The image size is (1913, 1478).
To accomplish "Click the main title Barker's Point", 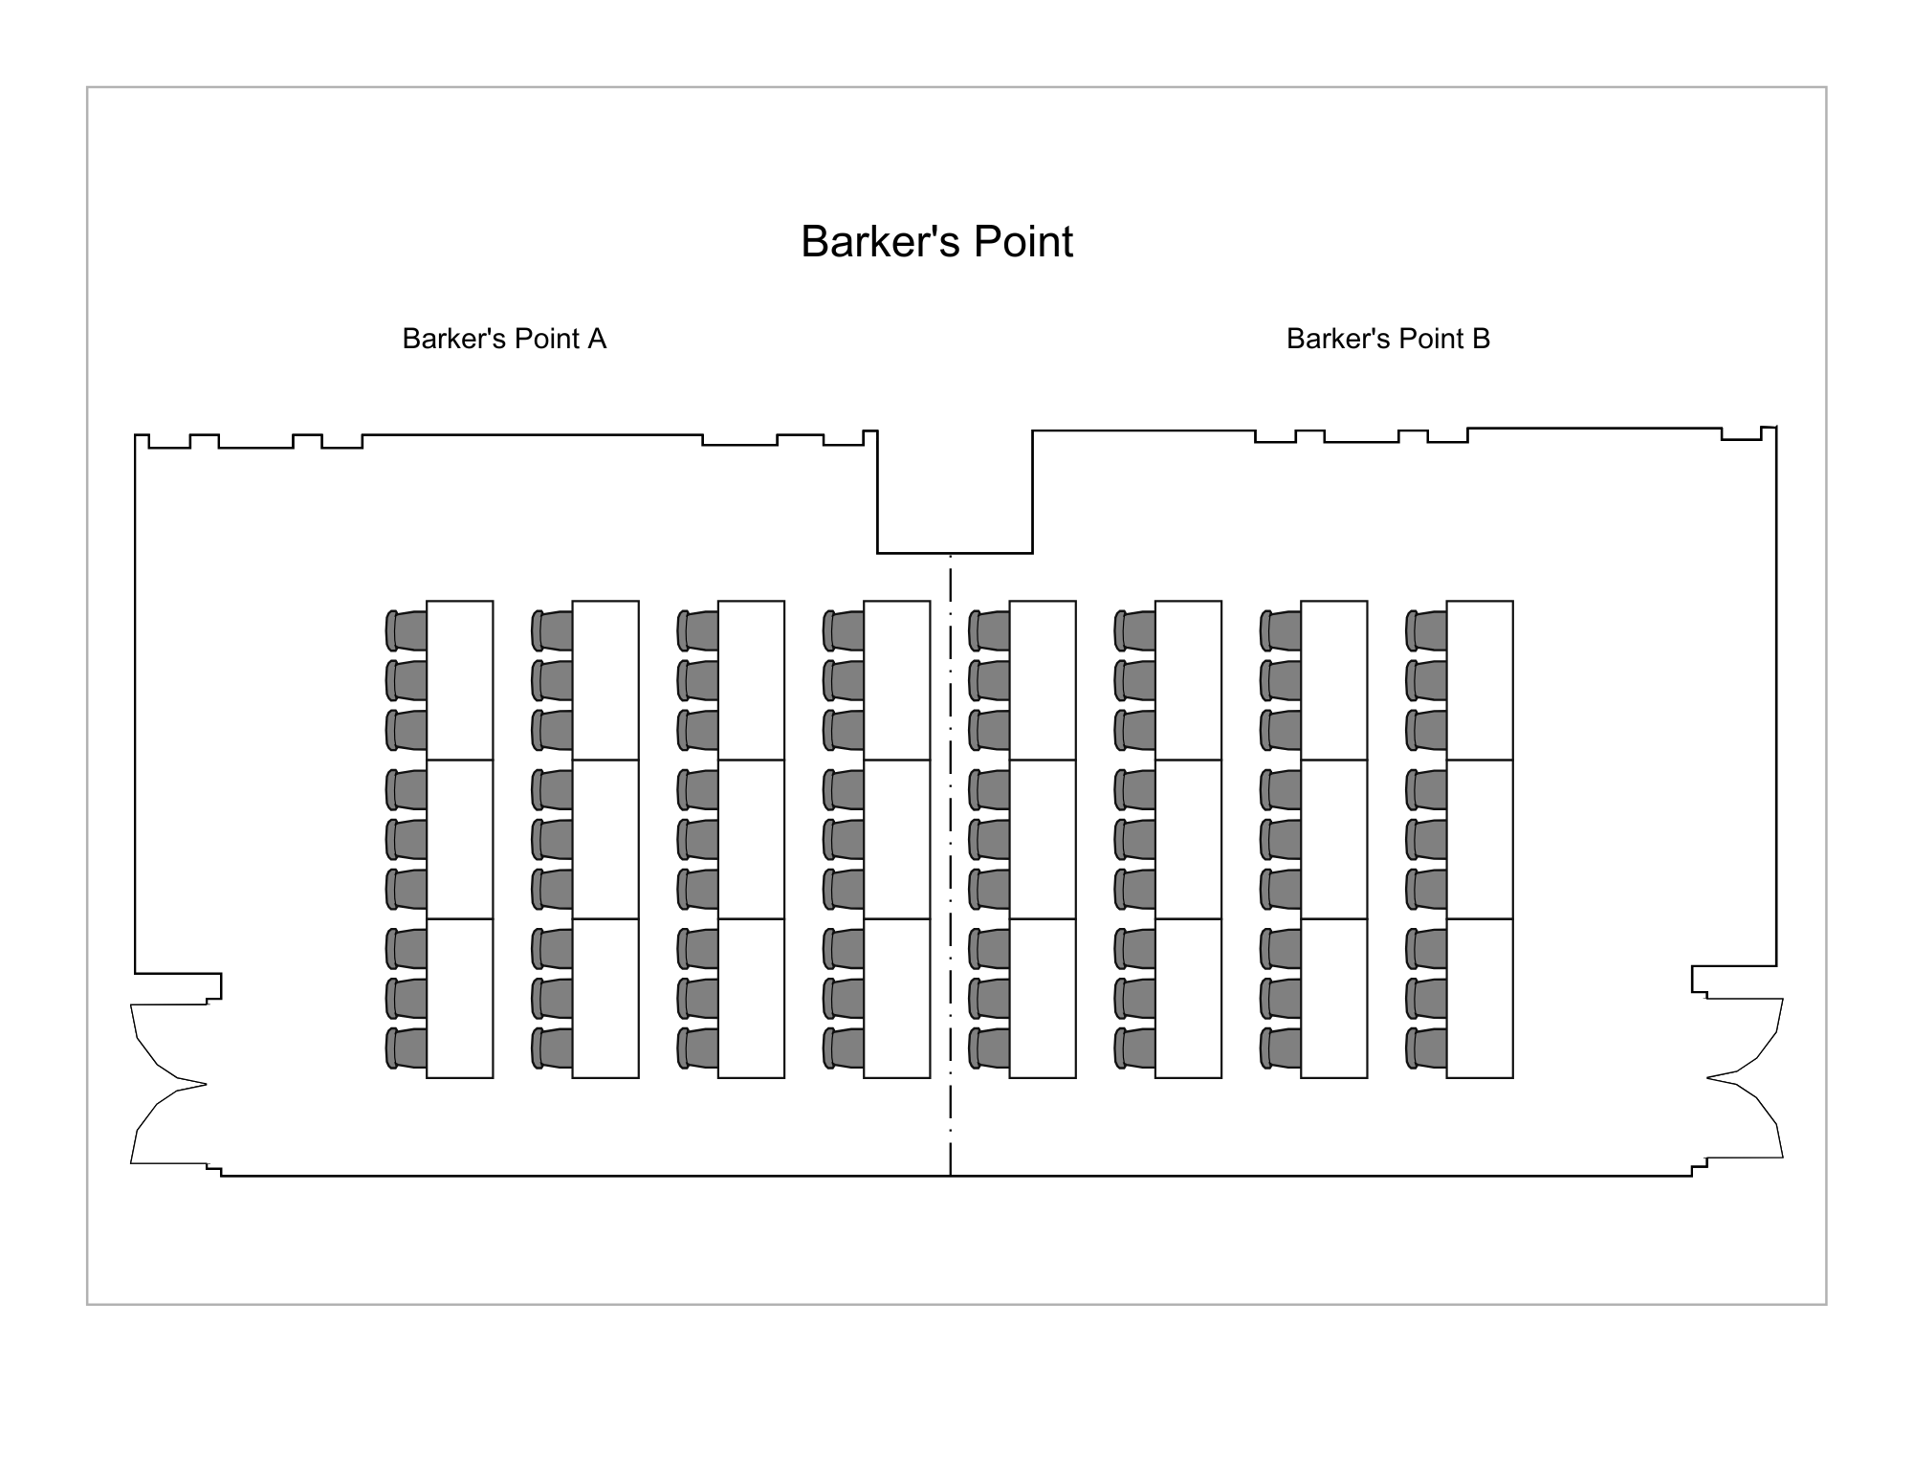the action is click(936, 241).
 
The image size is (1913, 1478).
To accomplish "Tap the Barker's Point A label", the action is click(504, 339).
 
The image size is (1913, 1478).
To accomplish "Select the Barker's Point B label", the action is click(1388, 339).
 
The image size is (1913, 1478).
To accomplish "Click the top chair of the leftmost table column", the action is click(407, 630).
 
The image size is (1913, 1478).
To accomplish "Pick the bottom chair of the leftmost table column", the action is click(407, 1048).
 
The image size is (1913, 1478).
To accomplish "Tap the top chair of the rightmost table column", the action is click(1426, 630).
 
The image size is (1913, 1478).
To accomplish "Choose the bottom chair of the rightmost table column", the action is click(1426, 1048).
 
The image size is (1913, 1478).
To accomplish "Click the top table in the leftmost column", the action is click(460, 680).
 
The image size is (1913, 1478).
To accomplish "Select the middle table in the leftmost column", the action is click(460, 839).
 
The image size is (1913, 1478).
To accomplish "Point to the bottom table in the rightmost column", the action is click(1480, 998).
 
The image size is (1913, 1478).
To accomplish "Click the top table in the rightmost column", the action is click(1480, 680).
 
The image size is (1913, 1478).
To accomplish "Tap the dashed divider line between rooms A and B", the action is click(950, 865).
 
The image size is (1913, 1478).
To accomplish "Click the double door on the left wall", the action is click(168, 1084).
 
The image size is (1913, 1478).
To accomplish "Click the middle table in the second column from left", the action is click(605, 839).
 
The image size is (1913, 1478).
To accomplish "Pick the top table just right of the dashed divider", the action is click(1043, 680).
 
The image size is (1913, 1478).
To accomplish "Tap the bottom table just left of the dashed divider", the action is click(897, 998).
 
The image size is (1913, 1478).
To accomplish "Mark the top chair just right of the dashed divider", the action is click(989, 630).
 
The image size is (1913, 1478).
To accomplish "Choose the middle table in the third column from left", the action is click(751, 839).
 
